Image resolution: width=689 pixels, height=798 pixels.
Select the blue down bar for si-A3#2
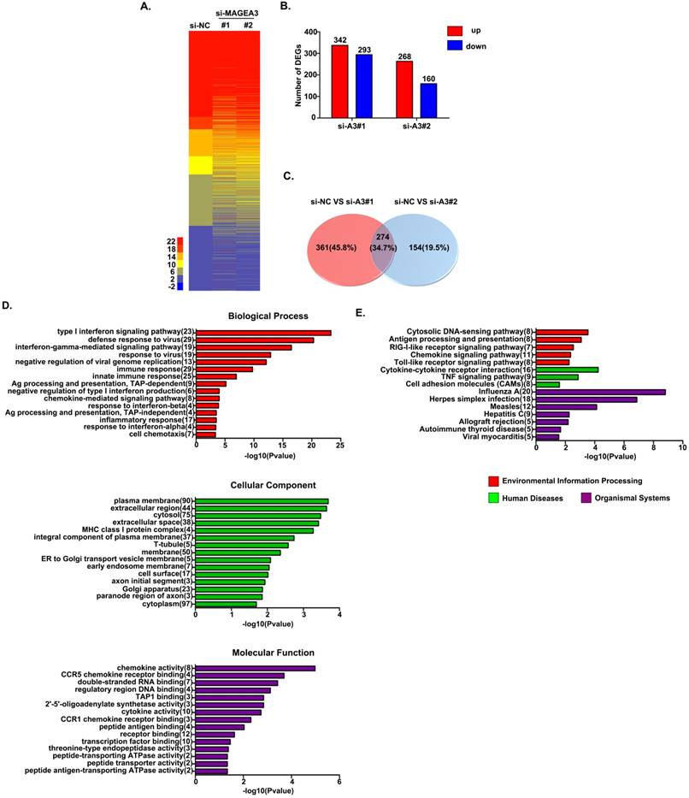pyautogui.click(x=428, y=100)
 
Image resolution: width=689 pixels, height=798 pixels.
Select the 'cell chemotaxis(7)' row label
pyautogui.click(x=162, y=434)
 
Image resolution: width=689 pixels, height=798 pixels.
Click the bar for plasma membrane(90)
pyautogui.click(x=262, y=501)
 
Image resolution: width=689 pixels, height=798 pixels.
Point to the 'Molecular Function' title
pyautogui.click(x=267, y=653)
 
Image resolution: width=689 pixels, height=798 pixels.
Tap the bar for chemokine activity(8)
pyautogui.click(x=256, y=668)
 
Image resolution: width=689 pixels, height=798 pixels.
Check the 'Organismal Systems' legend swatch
pyautogui.click(x=586, y=498)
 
